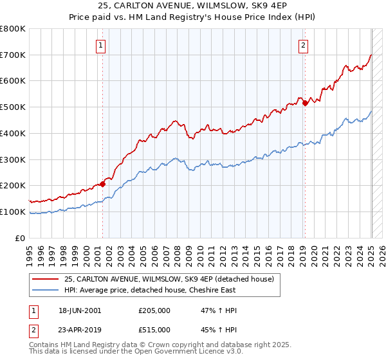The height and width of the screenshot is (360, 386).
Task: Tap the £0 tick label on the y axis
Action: [21, 238]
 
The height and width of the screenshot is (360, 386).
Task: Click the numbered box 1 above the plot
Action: [102, 45]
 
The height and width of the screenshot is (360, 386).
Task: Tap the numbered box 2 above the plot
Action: [303, 45]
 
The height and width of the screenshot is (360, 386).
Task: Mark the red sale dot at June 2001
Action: [103, 184]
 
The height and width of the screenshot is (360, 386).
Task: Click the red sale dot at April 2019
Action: [305, 103]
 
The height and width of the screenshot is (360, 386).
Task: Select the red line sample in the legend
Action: [46, 279]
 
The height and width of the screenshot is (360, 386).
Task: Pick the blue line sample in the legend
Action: [46, 290]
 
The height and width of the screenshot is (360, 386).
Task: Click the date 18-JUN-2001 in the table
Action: [80, 310]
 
